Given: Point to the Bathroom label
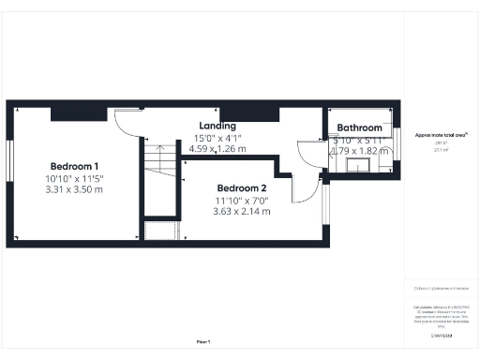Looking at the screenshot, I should [x=360, y=128].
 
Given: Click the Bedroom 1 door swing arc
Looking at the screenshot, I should [x=125, y=122].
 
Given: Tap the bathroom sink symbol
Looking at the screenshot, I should [x=360, y=166].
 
